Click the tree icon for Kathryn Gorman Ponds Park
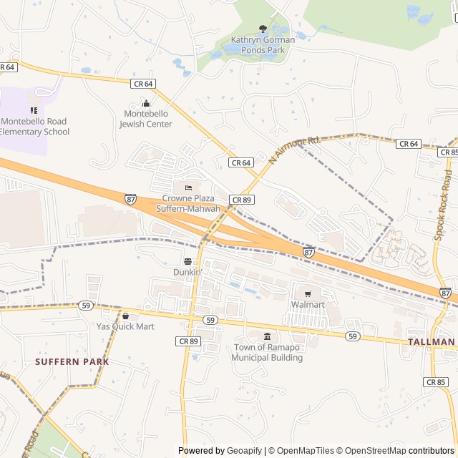263,29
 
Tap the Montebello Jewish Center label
146,119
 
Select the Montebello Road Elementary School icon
34,110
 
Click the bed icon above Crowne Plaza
189,187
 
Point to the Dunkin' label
187,273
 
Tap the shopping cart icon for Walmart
308,293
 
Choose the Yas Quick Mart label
125,326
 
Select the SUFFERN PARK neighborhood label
72,362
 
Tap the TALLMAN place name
432,342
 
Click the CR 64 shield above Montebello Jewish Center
143,84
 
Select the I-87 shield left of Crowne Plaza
130,198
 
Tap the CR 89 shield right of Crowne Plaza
240,199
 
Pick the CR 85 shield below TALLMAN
436,382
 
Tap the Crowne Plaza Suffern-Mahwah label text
189,203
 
